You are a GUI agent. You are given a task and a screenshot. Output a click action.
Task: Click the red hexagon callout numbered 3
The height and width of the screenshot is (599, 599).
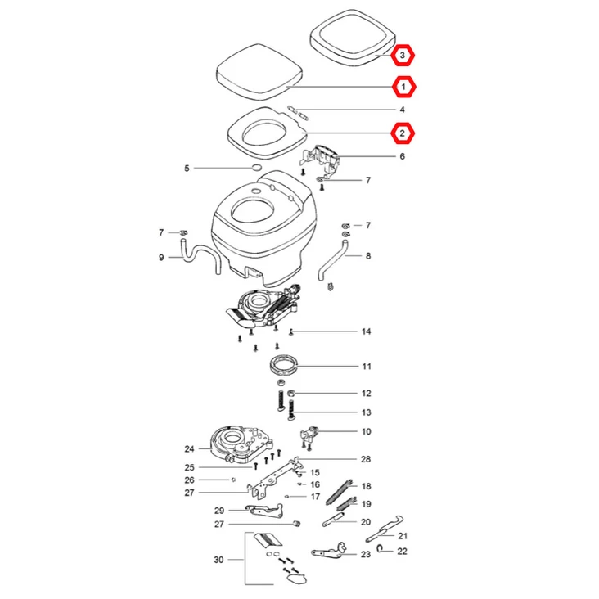[403, 56]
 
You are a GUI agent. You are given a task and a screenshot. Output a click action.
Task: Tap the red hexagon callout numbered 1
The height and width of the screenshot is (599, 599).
[403, 86]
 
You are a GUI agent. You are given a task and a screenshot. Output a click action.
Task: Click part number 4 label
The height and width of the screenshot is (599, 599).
[402, 110]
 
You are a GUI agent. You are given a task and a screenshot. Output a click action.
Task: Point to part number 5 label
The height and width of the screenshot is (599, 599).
[187, 169]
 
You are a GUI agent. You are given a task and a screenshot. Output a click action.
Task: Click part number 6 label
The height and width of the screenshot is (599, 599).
[402, 156]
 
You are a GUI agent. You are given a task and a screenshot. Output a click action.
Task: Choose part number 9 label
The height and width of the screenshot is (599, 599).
[161, 258]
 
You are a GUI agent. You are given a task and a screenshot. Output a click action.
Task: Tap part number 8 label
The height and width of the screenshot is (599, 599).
[368, 256]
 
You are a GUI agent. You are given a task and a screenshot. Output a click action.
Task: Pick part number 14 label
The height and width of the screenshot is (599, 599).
[367, 331]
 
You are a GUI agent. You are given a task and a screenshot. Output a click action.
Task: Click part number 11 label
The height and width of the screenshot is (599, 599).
[367, 366]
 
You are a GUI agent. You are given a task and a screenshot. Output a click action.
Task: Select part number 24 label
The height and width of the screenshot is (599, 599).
[189, 448]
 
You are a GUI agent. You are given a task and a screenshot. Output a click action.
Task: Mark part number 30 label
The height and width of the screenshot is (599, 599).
[218, 560]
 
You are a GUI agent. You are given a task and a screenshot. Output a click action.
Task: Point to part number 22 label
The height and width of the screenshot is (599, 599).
[402, 552]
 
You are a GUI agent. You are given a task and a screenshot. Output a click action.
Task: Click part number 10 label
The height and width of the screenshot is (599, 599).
[367, 431]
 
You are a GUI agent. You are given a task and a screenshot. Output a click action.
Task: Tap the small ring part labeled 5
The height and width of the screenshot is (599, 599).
[257, 168]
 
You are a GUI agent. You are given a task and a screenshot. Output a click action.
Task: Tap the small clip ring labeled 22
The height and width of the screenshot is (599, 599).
[381, 551]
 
